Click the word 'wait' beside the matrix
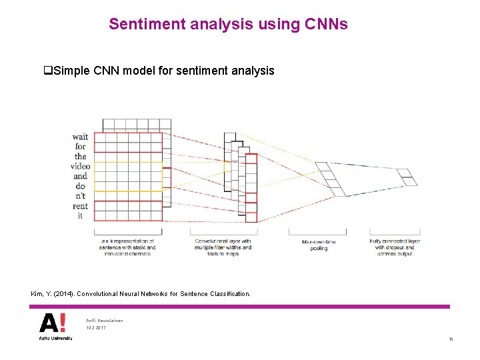pyautogui.click(x=80, y=137)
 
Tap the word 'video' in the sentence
pyautogui.click(x=81, y=167)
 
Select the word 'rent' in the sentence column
pyautogui.click(x=81, y=206)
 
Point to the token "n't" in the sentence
pyautogui.click(x=81, y=196)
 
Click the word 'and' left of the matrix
pyautogui.click(x=81, y=177)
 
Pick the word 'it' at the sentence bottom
pyautogui.click(x=81, y=216)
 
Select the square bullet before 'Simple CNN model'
pyautogui.click(x=47, y=71)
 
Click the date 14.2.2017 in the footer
pyautogui.click(x=96, y=328)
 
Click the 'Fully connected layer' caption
pyautogui.click(x=395, y=244)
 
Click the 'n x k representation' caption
pyautogui.click(x=128, y=247)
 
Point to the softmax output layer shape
pyautogui.click(x=406, y=177)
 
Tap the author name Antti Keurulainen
pyautogui.click(x=105, y=321)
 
